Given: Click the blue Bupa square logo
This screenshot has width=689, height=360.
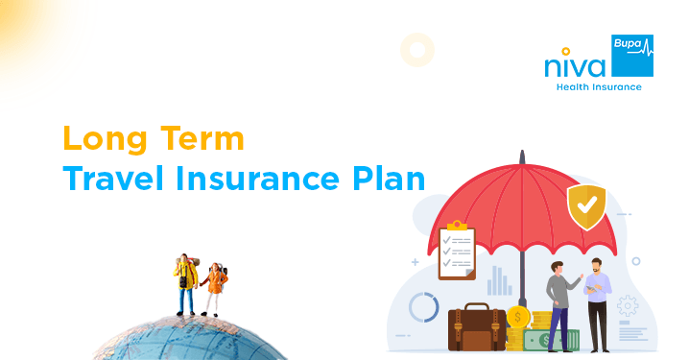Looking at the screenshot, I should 632,55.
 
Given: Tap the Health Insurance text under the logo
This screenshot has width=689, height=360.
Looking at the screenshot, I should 599,87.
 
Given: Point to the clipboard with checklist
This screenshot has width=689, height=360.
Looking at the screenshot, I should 457,251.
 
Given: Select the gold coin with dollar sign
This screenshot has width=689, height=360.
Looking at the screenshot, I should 519,317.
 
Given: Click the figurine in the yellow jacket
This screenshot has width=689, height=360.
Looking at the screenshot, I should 185,284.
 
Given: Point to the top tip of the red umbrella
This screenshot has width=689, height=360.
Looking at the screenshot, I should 523,155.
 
